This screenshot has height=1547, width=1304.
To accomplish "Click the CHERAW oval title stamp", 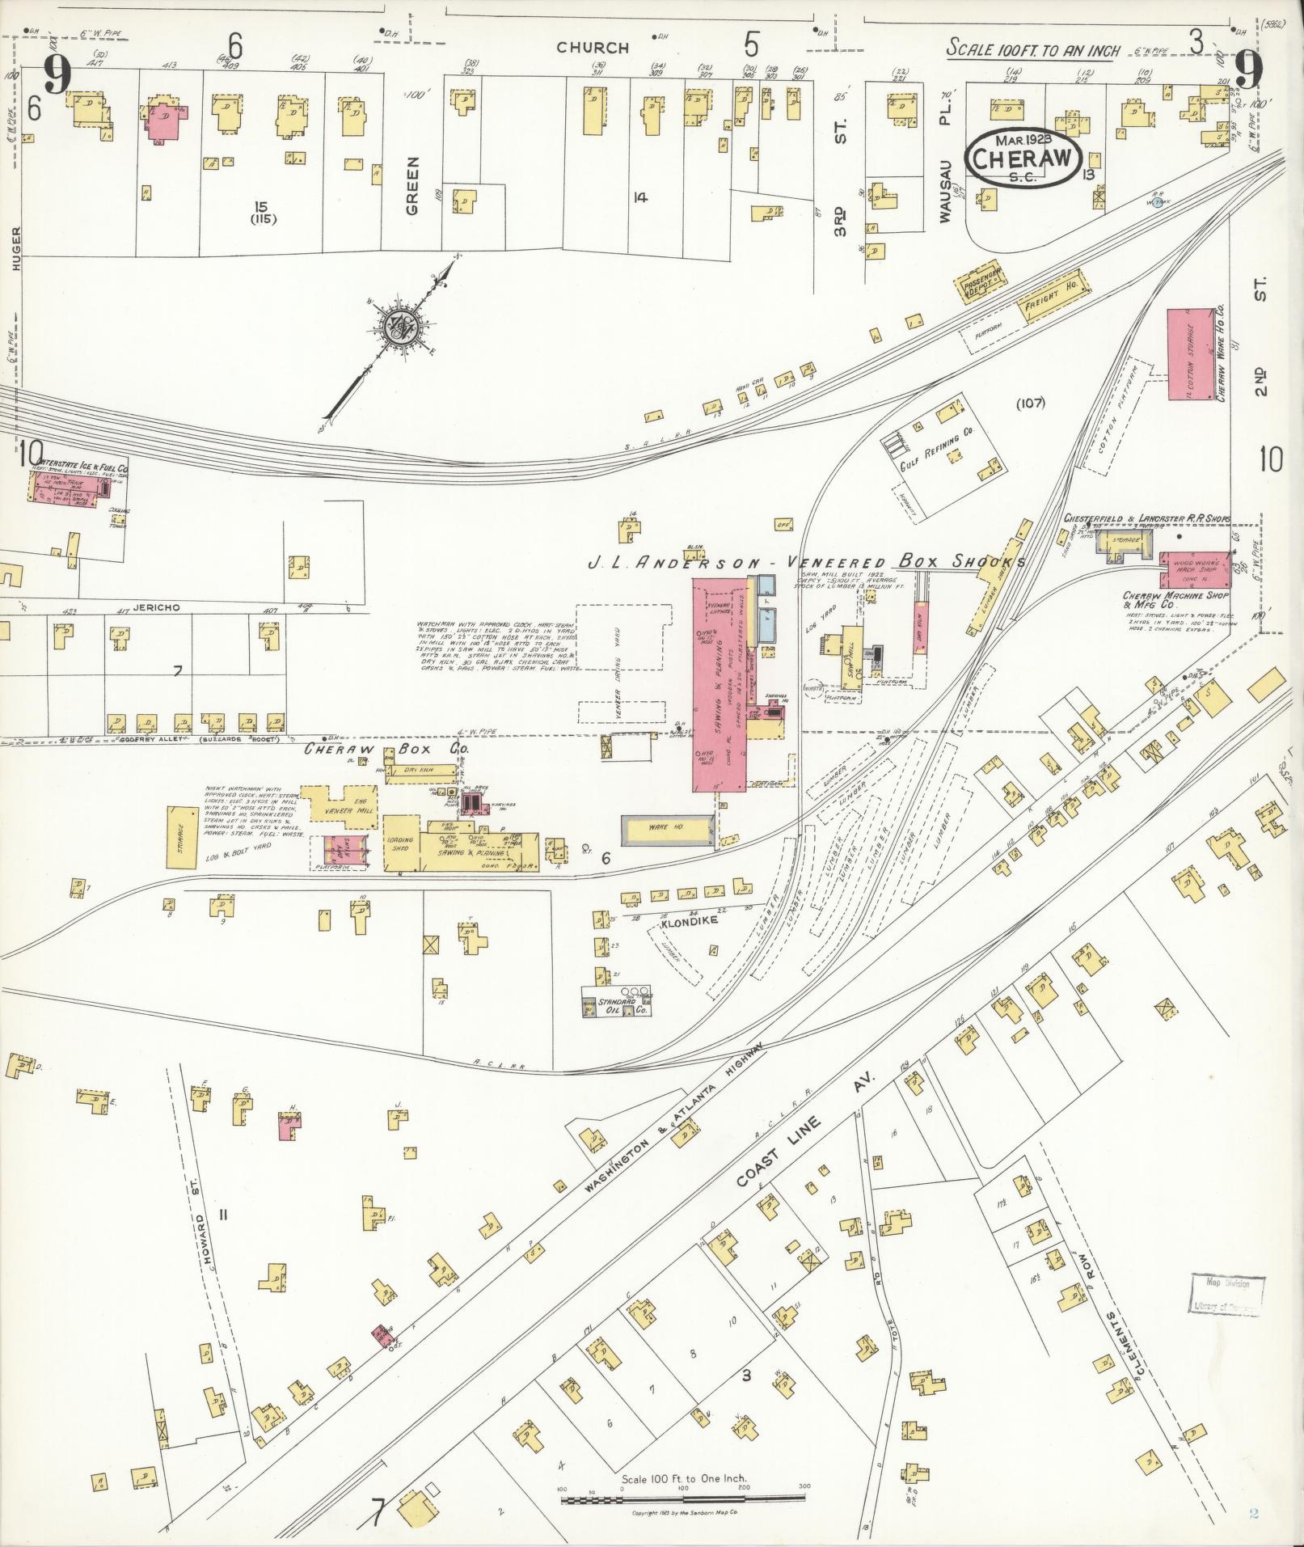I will tap(1023, 158).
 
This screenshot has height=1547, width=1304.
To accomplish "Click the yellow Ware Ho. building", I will tap(665, 828).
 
